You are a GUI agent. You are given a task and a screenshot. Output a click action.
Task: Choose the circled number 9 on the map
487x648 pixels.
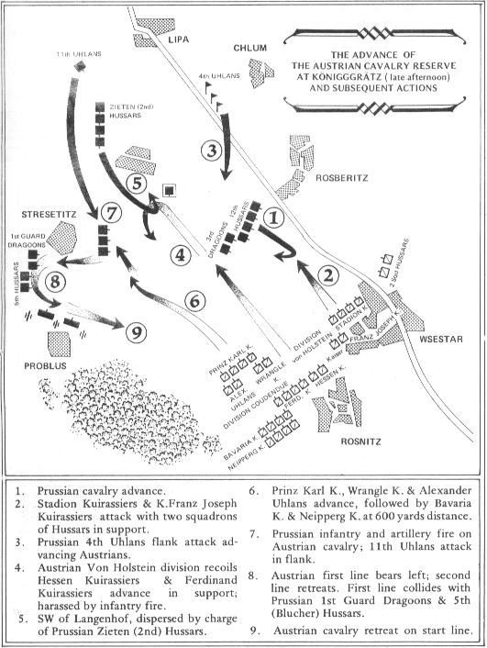click(x=136, y=332)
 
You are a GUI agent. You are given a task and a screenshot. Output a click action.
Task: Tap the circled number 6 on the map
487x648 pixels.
click(x=195, y=299)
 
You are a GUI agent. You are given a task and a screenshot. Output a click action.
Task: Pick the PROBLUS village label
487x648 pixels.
click(x=33, y=364)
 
